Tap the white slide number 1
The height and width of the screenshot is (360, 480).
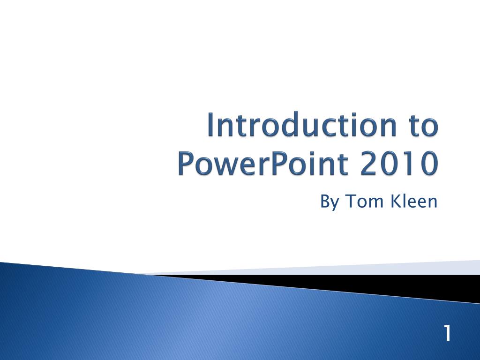447,334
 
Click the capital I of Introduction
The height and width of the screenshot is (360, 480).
212,126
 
